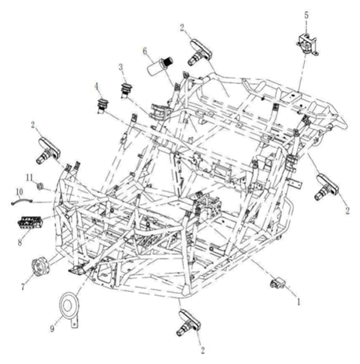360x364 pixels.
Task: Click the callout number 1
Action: point(298,301)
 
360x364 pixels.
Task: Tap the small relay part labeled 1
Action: point(278,283)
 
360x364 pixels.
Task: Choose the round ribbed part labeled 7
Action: point(40,267)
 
